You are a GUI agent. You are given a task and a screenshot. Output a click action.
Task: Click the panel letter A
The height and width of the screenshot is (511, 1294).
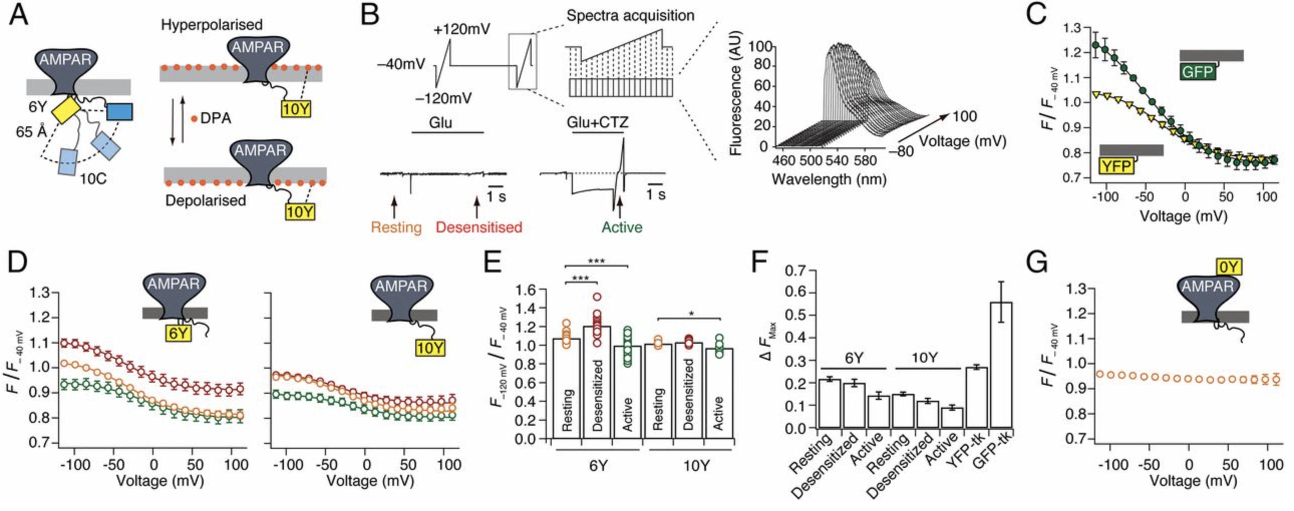(19, 15)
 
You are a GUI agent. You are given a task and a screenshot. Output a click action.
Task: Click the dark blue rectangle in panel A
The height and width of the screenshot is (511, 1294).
(119, 112)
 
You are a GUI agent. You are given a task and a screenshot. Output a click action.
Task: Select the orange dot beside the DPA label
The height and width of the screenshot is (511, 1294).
(194, 119)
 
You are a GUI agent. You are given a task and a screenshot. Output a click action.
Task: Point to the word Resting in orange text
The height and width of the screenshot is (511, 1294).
(396, 227)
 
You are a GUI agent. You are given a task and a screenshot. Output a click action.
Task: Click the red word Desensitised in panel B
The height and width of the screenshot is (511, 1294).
(478, 227)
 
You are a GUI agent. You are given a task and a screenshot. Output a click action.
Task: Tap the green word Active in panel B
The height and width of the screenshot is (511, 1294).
(622, 227)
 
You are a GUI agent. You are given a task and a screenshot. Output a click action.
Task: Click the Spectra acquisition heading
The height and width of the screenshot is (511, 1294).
(630, 16)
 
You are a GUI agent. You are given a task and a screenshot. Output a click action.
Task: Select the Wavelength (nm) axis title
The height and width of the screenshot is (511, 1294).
(829, 179)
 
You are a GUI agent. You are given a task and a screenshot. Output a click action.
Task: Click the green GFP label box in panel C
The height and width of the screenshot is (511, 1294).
(1198, 72)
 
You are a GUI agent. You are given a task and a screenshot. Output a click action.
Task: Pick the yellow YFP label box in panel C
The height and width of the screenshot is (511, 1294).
(1116, 166)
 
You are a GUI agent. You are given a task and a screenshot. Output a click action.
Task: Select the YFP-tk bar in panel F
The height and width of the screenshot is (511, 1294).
(976, 397)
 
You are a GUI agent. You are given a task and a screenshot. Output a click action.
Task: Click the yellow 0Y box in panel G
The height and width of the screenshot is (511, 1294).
(1228, 267)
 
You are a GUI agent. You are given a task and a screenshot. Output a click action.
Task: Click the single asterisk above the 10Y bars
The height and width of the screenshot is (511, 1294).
(692, 314)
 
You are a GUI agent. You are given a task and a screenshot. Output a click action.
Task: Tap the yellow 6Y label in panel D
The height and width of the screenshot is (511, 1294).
(179, 333)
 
